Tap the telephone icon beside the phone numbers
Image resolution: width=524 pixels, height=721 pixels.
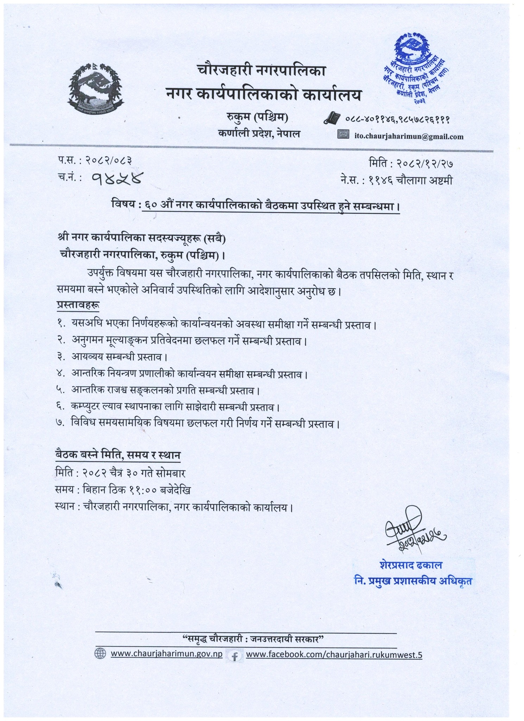pyautogui.click(x=332, y=118)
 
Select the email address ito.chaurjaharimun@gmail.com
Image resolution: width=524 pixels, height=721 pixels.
pyautogui.click(x=409, y=137)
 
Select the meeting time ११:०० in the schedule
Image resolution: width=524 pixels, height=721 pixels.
pyautogui.click(x=141, y=490)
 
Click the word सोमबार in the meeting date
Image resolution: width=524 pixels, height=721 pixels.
pyautogui.click(x=171, y=472)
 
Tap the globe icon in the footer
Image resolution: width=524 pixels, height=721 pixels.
pyautogui.click(x=100, y=654)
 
